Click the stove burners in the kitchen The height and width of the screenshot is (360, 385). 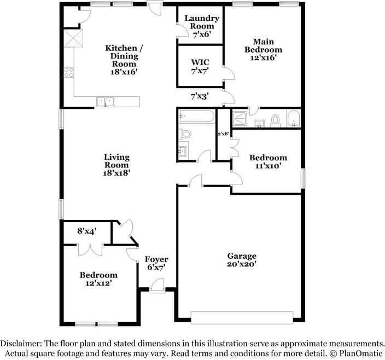[x=69, y=72]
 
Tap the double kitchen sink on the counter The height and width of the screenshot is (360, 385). [x=105, y=101]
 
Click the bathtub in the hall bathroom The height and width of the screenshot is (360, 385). [x=196, y=116]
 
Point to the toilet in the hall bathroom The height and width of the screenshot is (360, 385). [x=186, y=133]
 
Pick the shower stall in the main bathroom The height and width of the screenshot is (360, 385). [x=240, y=118]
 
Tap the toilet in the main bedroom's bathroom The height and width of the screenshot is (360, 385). [x=276, y=119]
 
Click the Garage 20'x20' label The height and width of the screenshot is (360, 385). [x=242, y=260]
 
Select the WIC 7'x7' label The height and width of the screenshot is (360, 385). [x=199, y=67]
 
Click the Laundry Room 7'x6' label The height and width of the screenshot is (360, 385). [x=201, y=26]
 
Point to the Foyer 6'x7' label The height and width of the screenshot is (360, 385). [x=156, y=263]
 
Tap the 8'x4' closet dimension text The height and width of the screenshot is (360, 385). [x=86, y=231]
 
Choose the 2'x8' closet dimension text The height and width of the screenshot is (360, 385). [x=223, y=133]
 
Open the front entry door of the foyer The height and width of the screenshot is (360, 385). [x=157, y=283]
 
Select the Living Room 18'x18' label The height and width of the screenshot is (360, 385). [x=117, y=165]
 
